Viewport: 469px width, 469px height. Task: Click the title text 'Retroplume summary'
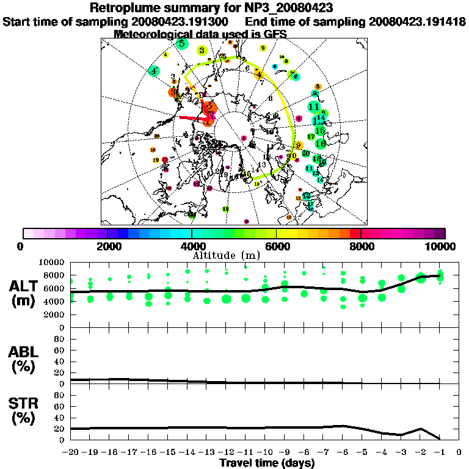tap(153, 9)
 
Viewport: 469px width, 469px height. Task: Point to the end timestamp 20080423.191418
tap(417, 21)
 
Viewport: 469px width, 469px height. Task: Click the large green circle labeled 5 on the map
tap(181, 43)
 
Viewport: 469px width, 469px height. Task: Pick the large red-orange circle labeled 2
tap(209, 108)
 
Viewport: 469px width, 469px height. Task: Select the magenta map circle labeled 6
tap(299, 118)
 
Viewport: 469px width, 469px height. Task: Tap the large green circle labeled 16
tap(321, 144)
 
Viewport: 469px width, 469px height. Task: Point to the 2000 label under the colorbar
tap(107, 246)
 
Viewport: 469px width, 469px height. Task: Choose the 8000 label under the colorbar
tap(361, 246)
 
